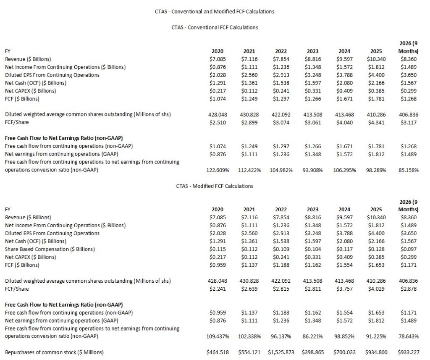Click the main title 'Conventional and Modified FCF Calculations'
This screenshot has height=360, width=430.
[215, 12]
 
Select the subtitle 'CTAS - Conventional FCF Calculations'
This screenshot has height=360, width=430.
[215, 27]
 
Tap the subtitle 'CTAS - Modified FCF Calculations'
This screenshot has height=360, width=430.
[215, 186]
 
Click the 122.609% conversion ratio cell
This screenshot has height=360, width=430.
[217, 171]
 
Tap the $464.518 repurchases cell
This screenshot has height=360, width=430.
[218, 352]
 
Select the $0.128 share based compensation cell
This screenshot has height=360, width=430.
[375, 249]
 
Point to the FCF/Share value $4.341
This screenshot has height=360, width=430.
[375, 123]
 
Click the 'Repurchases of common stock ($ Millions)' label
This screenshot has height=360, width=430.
[54, 352]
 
